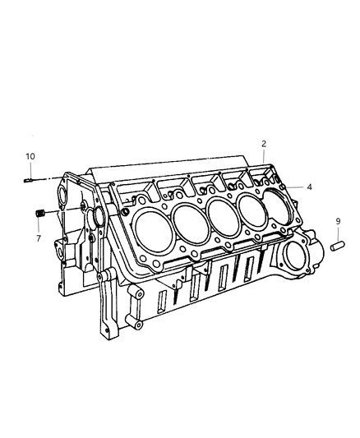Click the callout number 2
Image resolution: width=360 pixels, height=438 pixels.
(x=264, y=144)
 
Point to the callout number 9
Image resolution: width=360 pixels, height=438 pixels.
(x=337, y=221)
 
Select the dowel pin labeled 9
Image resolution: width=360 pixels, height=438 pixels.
(x=336, y=245)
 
